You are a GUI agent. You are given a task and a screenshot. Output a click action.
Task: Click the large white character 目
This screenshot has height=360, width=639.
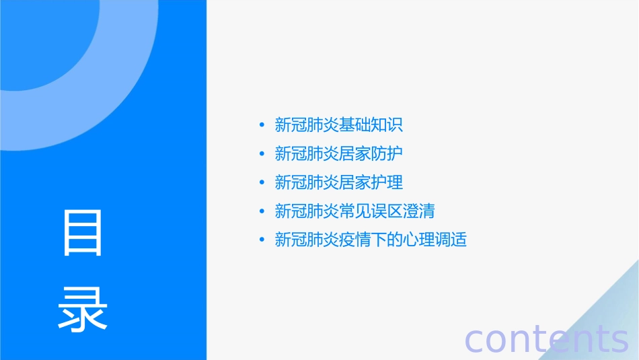tap(83, 233)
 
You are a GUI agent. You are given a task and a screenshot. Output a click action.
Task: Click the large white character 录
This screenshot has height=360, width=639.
tap(83, 309)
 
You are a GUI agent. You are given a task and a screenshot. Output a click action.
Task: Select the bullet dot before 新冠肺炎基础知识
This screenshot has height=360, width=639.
tap(262, 124)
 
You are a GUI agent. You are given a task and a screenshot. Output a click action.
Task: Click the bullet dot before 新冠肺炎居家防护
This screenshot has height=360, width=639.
tap(262, 153)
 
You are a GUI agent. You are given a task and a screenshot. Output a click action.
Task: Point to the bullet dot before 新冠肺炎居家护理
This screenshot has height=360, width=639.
tap(262, 182)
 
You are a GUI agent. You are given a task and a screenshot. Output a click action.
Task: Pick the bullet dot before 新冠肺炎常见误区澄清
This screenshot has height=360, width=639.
tap(262, 211)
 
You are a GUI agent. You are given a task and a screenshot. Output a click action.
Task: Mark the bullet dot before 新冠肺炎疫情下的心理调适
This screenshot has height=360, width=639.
tap(262, 240)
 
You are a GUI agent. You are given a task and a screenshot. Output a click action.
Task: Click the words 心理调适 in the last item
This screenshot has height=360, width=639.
tap(435, 240)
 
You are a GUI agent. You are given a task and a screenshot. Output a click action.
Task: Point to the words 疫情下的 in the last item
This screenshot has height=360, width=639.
tap(371, 240)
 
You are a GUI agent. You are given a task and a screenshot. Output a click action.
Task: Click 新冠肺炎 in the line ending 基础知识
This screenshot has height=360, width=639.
tap(307, 124)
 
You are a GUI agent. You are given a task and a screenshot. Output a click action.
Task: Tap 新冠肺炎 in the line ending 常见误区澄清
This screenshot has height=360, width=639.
tap(307, 211)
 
